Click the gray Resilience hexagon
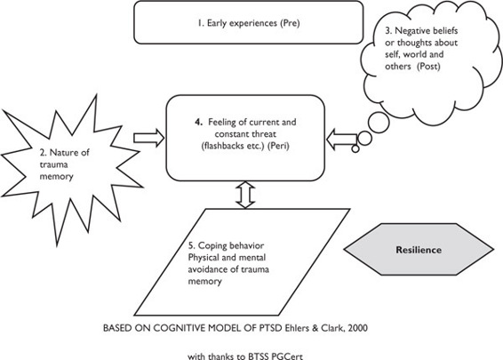tap(419, 249)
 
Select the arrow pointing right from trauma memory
tap(149, 139)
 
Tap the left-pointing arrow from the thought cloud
tap(342, 139)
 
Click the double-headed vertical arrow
tap(245, 195)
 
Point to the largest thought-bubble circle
tap(379, 123)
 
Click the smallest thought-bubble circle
tap(355, 148)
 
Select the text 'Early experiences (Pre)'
tap(253, 23)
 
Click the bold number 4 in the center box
tap(198, 122)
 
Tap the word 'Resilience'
tap(419, 250)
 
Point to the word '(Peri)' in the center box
tap(278, 146)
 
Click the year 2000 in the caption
tap(357, 328)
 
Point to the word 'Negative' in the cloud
tap(412, 31)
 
